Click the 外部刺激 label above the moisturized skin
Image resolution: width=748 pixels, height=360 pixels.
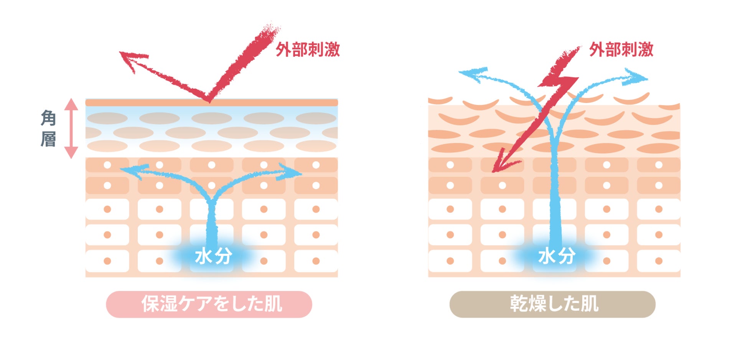click(x=308, y=50)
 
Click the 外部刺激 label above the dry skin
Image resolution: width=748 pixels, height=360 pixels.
click(x=621, y=50)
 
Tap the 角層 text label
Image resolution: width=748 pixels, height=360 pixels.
click(x=48, y=128)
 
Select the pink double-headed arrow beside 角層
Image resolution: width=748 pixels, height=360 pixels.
click(x=71, y=128)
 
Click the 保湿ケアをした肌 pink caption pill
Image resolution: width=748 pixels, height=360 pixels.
click(x=209, y=304)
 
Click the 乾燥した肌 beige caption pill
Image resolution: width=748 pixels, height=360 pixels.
click(x=552, y=304)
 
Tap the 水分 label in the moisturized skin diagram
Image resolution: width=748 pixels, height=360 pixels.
click(x=213, y=256)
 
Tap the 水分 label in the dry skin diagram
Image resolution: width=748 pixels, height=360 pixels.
click(x=557, y=256)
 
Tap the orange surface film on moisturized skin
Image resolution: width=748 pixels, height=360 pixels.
click(x=211, y=103)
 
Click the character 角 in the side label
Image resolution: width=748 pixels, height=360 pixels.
click(x=48, y=118)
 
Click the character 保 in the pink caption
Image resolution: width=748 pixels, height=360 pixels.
click(x=150, y=304)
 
